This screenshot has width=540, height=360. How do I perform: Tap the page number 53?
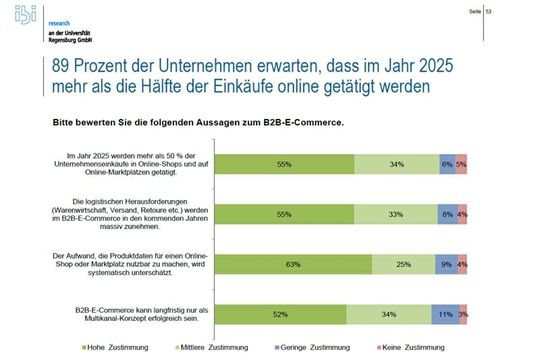[x=517, y=11]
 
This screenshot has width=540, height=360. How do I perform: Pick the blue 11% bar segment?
[x=445, y=314]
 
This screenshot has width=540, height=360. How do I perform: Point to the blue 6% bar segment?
[x=446, y=163]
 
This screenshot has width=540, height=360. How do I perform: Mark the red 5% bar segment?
[x=461, y=163]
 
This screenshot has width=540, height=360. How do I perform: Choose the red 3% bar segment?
[x=463, y=314]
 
